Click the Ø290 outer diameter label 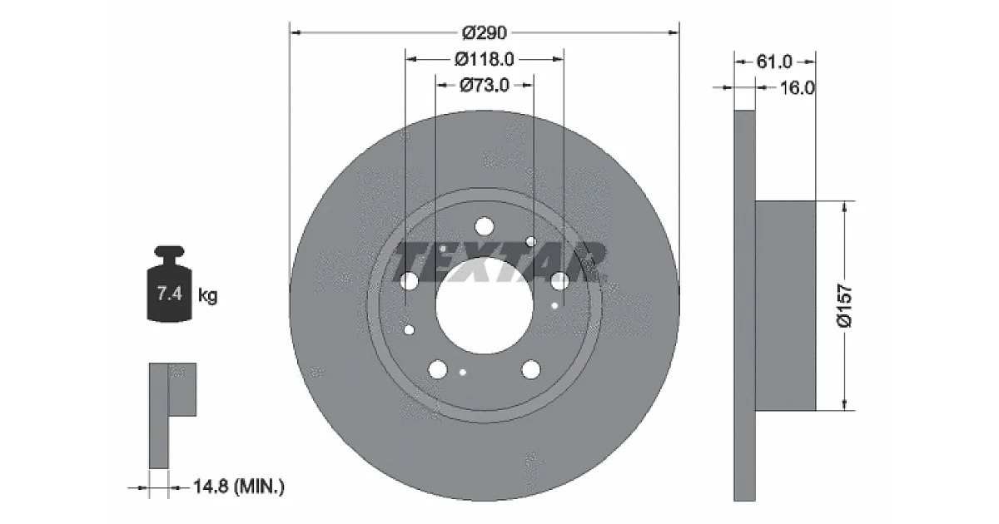pos(485,33)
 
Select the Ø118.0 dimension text pos(485,59)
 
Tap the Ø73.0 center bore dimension pos(485,85)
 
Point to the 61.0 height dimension pos(774,62)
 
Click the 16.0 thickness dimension pos(797,88)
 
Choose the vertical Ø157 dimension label pos(845,306)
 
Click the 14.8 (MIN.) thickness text pos(239,486)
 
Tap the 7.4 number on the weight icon pos(170,294)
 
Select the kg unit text pos(208,295)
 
